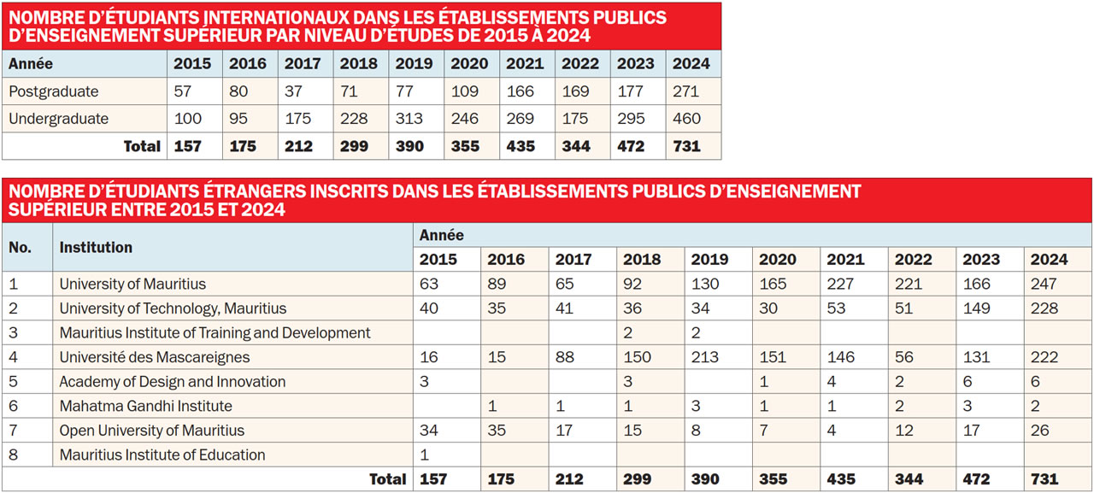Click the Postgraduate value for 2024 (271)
[x=685, y=91]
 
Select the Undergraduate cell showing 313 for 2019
[x=409, y=119]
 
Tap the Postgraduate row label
[x=53, y=91]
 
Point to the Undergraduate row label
[x=58, y=119]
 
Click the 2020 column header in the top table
[x=469, y=64]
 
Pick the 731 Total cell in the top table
[x=685, y=146]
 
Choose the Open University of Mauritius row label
[x=151, y=431]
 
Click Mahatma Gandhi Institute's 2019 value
[x=696, y=406]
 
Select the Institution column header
[x=96, y=248]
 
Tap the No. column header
[x=20, y=248]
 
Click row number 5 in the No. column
[x=13, y=382]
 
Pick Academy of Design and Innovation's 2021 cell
[x=832, y=382]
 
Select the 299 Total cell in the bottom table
[x=637, y=479]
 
